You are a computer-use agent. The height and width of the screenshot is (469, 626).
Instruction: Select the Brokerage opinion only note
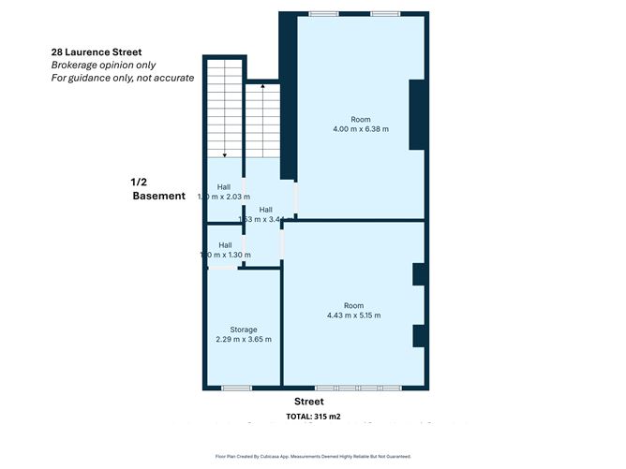103,65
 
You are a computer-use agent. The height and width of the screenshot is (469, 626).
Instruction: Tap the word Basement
158,196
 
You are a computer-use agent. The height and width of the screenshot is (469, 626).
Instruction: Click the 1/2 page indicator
140,182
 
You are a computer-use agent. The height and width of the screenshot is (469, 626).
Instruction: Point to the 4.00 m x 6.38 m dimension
360,129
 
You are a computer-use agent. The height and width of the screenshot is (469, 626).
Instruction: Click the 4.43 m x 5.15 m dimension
353,315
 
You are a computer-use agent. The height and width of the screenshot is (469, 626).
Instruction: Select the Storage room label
244,330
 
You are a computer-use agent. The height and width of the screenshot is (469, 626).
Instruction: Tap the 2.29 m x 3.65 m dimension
244,339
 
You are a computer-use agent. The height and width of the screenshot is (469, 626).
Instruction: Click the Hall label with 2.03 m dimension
224,187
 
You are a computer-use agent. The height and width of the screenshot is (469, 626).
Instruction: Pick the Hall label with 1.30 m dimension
224,245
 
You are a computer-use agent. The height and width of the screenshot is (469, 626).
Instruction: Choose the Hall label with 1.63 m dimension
265,210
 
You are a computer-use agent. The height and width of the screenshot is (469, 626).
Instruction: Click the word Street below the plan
308,402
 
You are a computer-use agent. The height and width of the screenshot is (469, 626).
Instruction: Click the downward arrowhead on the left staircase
224,154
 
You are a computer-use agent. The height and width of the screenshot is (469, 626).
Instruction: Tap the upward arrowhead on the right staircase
262,85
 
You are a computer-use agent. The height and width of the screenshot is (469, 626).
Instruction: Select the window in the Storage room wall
236,388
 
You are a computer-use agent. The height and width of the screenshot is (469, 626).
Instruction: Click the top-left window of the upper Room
324,13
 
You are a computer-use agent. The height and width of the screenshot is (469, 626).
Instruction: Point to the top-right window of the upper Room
384,13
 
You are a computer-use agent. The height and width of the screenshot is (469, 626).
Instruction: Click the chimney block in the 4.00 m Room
418,114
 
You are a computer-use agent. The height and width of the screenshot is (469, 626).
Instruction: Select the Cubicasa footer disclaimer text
313,456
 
